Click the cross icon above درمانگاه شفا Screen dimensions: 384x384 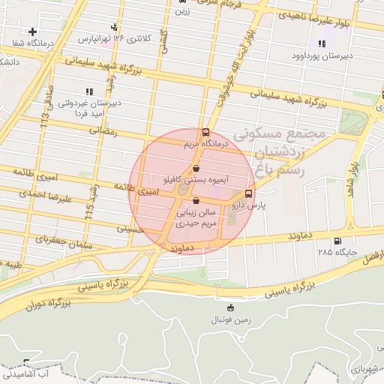click(x=32, y=32)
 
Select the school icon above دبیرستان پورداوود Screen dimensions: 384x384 click(x=322, y=43)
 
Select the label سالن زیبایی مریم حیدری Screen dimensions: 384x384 click(x=196, y=218)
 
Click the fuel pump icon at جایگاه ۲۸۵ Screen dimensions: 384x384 click(x=336, y=241)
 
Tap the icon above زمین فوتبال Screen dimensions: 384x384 click(x=229, y=307)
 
